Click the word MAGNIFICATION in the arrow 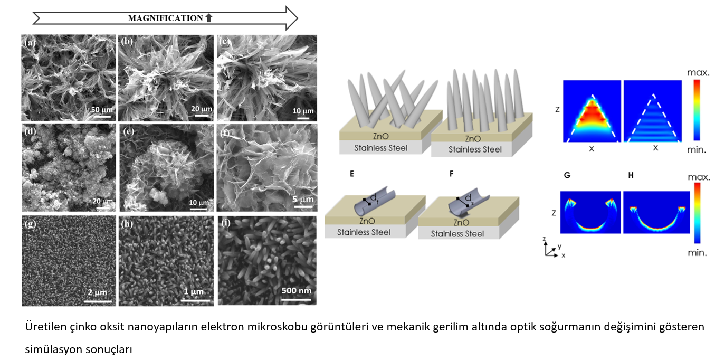[x=165, y=18]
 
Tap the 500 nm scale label [x=296, y=291]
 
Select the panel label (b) [x=127, y=40]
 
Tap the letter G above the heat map [x=567, y=175]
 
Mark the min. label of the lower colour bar [x=697, y=253]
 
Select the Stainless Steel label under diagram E [x=364, y=232]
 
